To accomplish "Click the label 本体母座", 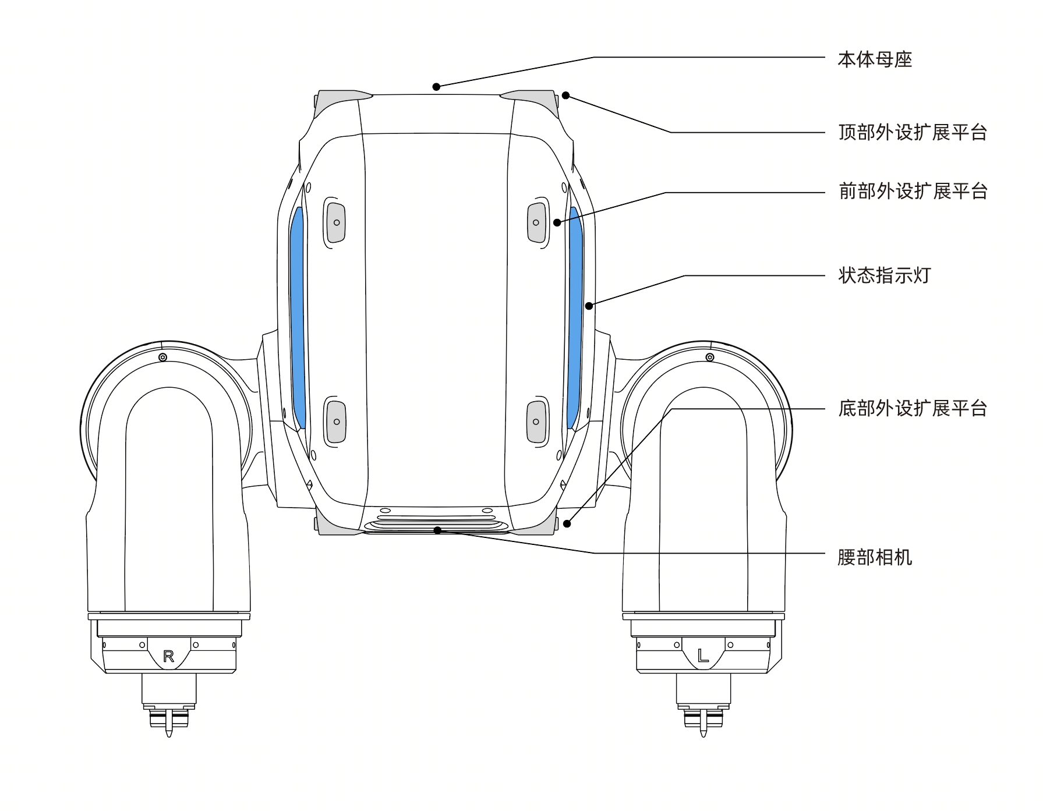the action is pos(875,59).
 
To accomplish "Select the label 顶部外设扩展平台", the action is pos(913,132).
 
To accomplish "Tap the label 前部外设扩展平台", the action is pos(913,191).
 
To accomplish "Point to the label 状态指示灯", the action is pos(884,275).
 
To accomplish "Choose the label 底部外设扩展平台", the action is pos(913,408).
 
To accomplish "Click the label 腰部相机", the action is pos(875,557).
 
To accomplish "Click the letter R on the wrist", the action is pos(168,656).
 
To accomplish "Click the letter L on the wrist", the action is pos(703,656).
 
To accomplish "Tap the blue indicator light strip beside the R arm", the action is pos(298,317).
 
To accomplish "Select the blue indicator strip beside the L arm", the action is pos(575,317).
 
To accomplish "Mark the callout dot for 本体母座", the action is pos(436,87).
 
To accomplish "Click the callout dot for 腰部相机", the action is pos(437,530).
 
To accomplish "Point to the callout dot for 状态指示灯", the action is pos(589,306).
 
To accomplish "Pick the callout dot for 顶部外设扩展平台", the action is pos(565,95).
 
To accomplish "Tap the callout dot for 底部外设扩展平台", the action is pos(567,524).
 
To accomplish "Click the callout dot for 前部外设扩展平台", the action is pos(557,222).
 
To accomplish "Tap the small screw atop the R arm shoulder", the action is pos(163,357).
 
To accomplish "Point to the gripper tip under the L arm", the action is pos(703,735).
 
